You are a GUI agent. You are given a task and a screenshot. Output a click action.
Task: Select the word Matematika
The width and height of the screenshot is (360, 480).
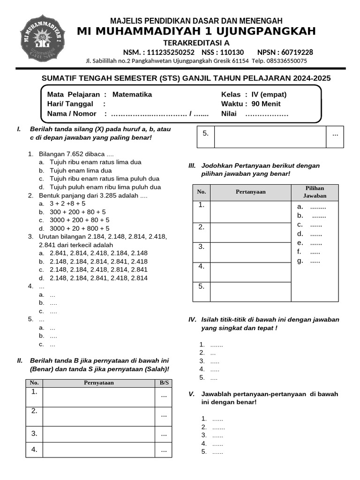click(132, 94)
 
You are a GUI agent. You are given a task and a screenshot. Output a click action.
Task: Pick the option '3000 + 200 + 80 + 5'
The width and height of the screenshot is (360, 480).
click(80, 220)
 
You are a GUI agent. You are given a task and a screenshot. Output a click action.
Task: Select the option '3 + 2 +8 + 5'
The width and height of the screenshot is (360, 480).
click(67, 203)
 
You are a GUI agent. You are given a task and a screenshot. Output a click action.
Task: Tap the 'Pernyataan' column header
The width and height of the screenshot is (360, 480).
click(98, 382)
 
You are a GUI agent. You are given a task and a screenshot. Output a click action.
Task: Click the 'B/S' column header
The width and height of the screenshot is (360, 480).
click(164, 382)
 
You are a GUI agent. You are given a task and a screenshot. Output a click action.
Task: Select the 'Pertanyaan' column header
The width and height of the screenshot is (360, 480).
click(250, 192)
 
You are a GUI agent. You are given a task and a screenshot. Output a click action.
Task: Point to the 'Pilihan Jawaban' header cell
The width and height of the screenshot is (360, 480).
click(315, 192)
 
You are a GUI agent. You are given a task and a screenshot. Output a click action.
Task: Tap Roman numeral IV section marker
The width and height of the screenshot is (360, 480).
click(192, 320)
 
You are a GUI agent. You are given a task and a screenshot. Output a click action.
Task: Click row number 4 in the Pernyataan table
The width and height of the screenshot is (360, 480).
click(34, 450)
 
